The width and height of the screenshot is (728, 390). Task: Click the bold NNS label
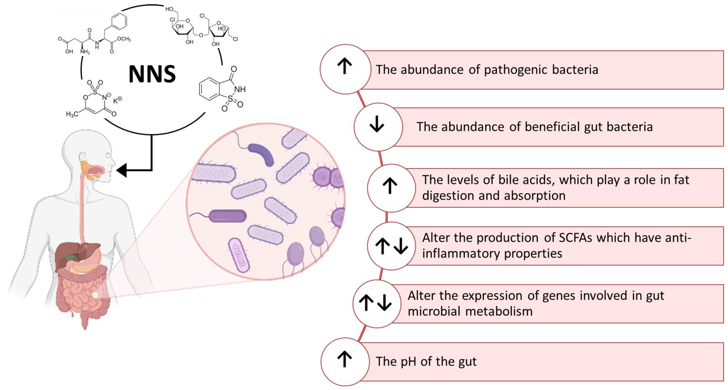(x=152, y=74)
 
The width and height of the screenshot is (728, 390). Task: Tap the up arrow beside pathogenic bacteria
(x=345, y=66)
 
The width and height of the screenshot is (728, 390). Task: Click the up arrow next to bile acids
(x=390, y=186)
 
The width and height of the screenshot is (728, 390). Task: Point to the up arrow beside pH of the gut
(x=345, y=359)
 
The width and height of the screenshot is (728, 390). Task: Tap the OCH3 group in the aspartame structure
(x=124, y=39)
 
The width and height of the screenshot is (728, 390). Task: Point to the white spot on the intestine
(x=96, y=295)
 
